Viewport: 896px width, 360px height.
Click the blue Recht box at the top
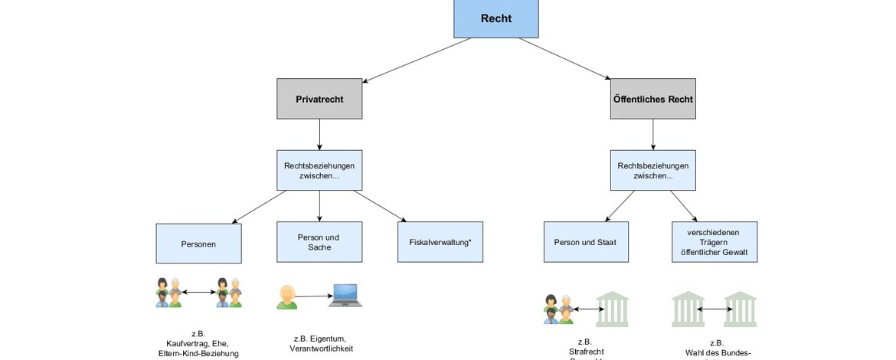click(495, 18)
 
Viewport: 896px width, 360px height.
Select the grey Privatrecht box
click(319, 99)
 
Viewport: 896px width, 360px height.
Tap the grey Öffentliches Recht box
click(652, 99)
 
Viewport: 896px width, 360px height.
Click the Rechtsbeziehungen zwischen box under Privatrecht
click(319, 170)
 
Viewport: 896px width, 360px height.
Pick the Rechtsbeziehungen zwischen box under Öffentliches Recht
click(652, 170)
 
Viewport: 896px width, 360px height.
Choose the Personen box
click(198, 244)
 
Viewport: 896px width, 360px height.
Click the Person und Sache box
click(319, 242)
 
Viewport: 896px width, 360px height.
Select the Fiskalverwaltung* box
click(440, 242)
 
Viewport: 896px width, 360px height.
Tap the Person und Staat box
click(586, 242)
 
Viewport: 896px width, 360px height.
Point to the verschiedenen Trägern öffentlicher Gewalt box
click(715, 242)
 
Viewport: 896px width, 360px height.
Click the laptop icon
click(345, 296)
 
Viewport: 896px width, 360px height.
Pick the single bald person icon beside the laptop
click(286, 296)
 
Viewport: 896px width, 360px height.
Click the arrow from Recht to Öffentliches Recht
click(564, 58)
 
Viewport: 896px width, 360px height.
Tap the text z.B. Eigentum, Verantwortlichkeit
click(321, 343)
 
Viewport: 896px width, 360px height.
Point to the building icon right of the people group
click(612, 308)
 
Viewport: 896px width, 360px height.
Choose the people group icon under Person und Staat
click(558, 309)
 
